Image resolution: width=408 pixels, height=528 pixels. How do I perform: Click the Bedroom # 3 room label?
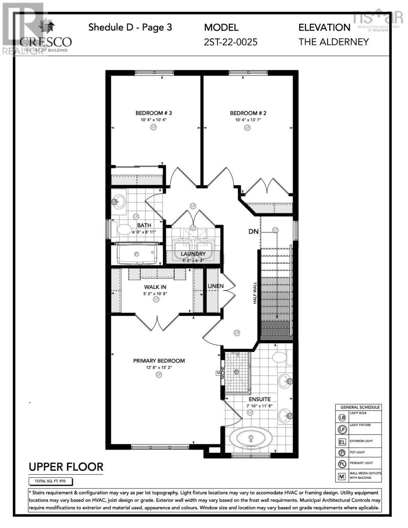tap(154, 113)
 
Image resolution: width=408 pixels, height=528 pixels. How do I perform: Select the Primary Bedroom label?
tap(159, 361)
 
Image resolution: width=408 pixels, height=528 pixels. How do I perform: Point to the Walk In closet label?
tap(156, 287)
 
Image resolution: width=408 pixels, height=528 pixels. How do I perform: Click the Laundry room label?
tap(193, 254)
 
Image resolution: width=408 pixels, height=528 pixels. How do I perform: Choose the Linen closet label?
tap(216, 286)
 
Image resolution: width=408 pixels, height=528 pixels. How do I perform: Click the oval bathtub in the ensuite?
tap(251, 438)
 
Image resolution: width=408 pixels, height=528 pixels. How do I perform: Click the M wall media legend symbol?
tap(342, 476)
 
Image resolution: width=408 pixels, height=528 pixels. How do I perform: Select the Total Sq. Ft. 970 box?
tap(50, 481)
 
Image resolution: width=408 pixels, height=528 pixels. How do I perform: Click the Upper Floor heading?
tap(66, 466)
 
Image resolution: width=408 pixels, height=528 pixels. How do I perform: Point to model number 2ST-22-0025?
tap(231, 42)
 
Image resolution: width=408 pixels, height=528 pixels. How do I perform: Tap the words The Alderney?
tap(334, 42)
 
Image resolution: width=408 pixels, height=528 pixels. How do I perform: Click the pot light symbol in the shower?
tap(236, 372)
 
